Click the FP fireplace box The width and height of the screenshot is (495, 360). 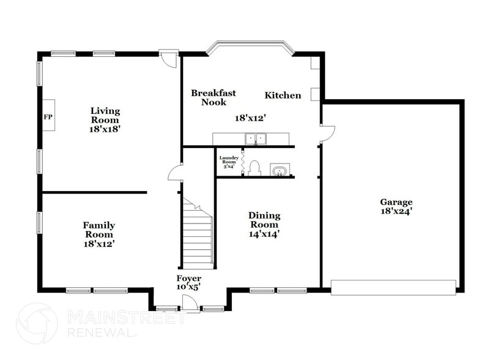48,115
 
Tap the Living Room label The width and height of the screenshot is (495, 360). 105,120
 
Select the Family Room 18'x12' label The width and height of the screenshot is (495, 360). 99,234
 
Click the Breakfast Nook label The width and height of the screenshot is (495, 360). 214,97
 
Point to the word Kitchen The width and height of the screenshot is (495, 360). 283,96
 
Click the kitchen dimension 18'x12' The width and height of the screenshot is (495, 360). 251,118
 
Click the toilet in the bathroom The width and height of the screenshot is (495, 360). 255,168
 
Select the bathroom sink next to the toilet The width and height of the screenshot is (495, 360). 280,170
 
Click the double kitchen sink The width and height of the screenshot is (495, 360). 256,139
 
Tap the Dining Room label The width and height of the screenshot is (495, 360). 264,224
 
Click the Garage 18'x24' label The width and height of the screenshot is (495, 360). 396,206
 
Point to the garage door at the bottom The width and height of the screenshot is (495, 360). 393,287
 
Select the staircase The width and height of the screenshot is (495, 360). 198,236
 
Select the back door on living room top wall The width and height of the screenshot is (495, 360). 169,59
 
